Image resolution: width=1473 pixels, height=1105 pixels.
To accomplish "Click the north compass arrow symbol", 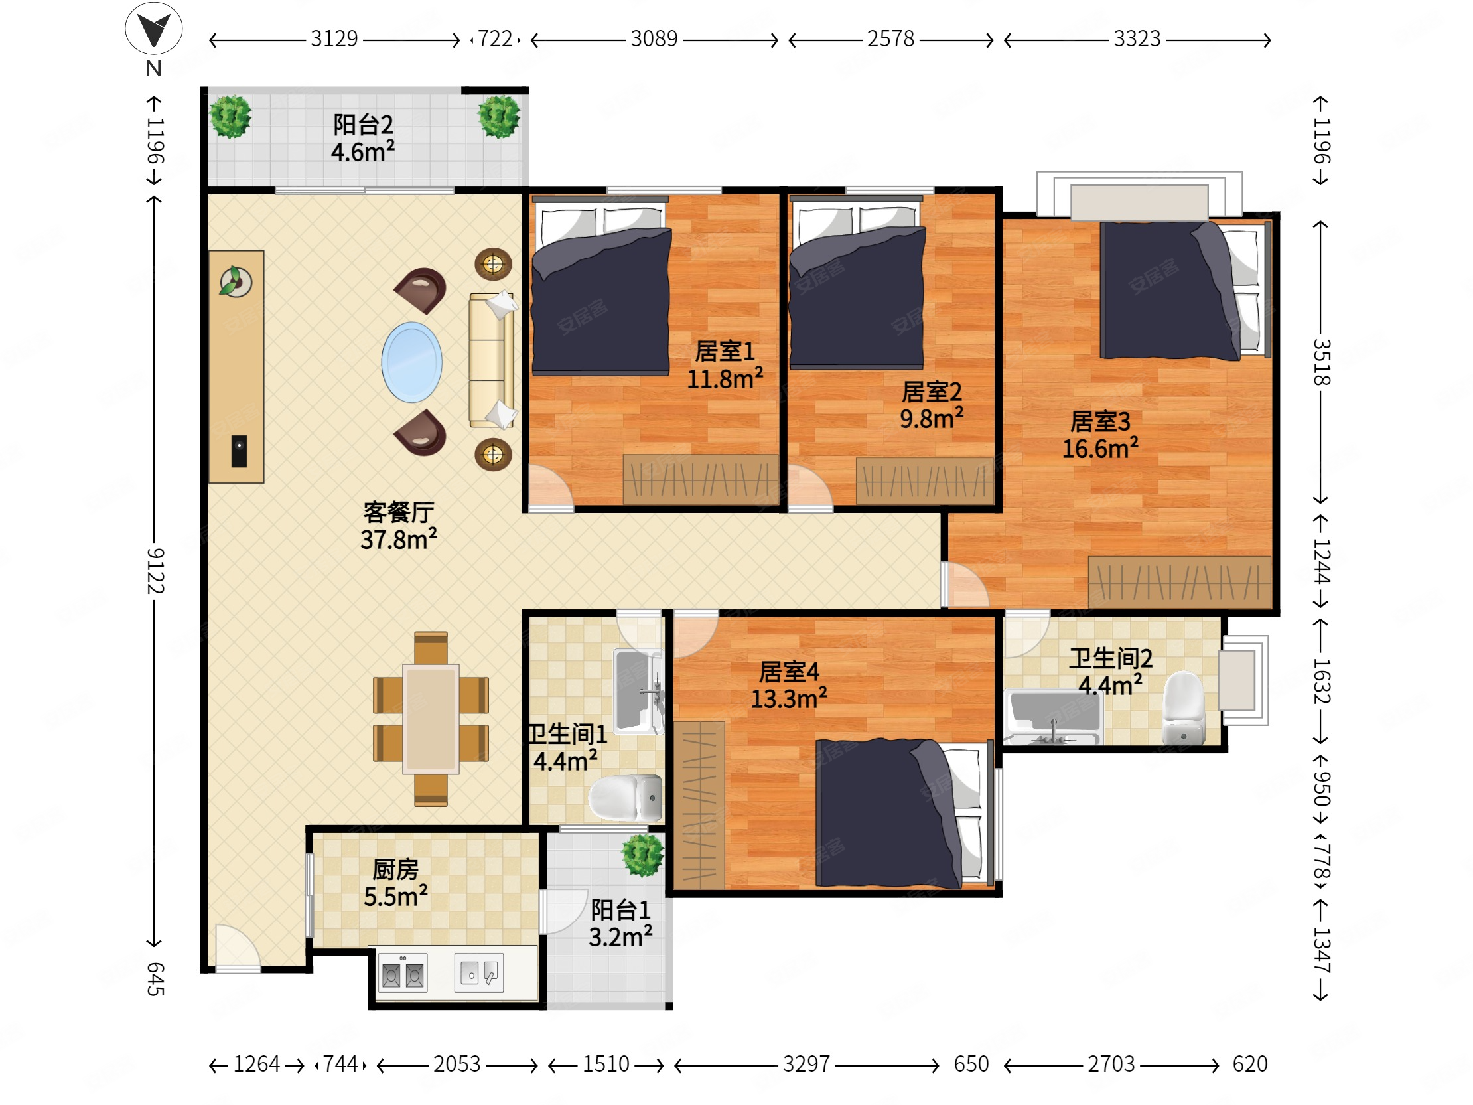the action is [x=154, y=29].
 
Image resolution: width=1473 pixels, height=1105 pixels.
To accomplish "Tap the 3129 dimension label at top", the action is [x=334, y=39].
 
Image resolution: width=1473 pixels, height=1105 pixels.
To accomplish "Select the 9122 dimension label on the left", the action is [x=155, y=571].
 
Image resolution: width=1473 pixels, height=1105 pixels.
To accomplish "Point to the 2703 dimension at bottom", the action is [x=1111, y=1065].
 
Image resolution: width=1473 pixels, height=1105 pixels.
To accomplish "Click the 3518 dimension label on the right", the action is [x=1321, y=363].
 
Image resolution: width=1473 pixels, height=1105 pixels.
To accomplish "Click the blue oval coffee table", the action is [x=411, y=362].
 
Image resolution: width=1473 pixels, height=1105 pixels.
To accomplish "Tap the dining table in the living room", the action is [x=431, y=719].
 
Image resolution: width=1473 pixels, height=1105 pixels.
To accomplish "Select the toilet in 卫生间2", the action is [x=1183, y=709].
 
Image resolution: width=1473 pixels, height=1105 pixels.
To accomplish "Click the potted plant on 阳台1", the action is [x=642, y=855].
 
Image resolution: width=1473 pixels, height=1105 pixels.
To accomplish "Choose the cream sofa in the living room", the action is [x=492, y=360].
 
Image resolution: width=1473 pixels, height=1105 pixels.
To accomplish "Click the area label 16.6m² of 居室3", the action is [x=1100, y=448].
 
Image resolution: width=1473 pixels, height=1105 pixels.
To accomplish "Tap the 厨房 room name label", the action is [x=395, y=869].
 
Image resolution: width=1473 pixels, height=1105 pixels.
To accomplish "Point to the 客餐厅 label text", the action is [x=399, y=512].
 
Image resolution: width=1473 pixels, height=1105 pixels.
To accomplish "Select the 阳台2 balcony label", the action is [x=363, y=125].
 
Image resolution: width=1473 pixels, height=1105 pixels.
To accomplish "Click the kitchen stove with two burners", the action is [x=402, y=973].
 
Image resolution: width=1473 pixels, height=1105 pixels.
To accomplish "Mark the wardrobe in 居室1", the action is [x=701, y=480].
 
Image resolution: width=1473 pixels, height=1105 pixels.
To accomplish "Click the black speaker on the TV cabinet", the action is [x=239, y=451].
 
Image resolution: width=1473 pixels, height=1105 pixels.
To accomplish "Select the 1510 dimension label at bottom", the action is [x=605, y=1065].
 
